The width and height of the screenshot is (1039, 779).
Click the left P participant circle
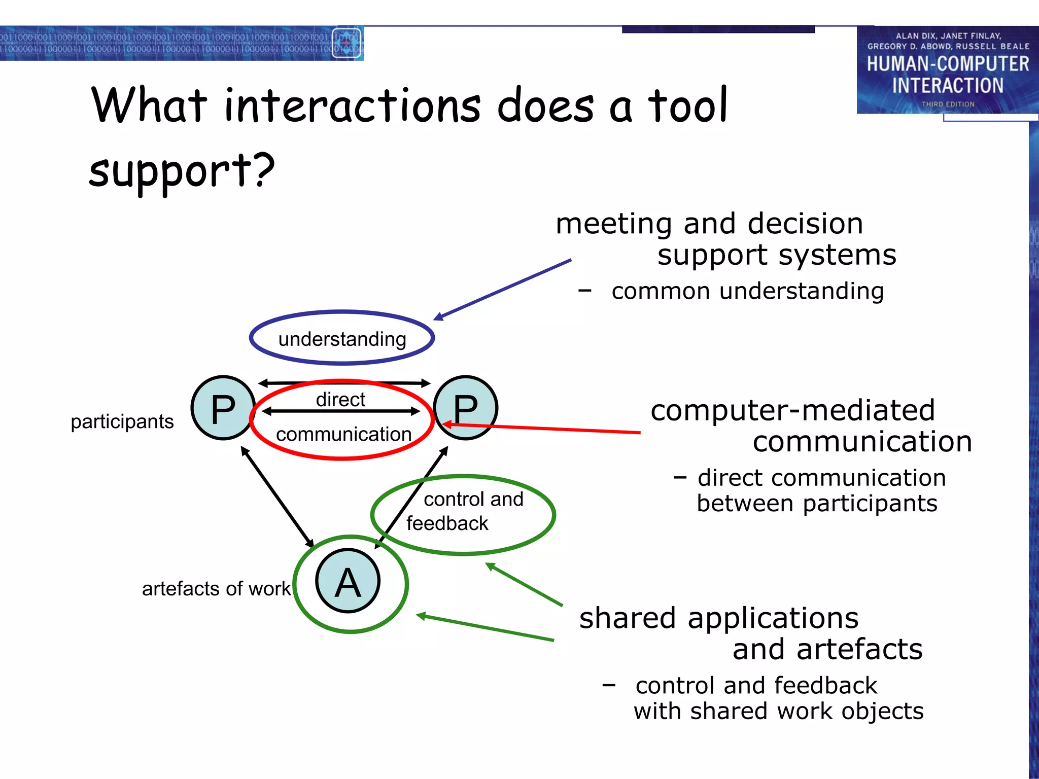pos(223,408)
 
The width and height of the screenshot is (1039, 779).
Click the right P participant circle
pos(466,408)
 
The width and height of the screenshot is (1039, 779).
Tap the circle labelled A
pos(348,581)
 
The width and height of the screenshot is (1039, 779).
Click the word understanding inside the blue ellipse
pos(342,339)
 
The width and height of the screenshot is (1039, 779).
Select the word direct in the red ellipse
pos(340,399)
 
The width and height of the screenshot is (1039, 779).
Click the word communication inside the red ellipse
pos(343,434)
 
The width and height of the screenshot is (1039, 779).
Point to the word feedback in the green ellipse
pos(447,523)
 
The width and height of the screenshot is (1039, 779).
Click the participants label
pos(122,421)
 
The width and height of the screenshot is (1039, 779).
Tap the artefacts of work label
pos(216,588)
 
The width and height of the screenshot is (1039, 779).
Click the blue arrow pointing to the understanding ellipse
pos(502,290)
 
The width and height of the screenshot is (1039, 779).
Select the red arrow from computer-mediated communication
pos(543,429)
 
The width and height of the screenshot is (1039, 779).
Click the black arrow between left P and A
pos(277,497)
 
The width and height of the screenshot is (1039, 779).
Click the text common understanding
pos(747,291)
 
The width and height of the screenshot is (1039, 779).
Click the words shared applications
pos(719,618)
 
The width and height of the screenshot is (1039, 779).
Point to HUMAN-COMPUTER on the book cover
pos(948,64)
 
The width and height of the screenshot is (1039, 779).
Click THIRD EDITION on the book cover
pos(948,104)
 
